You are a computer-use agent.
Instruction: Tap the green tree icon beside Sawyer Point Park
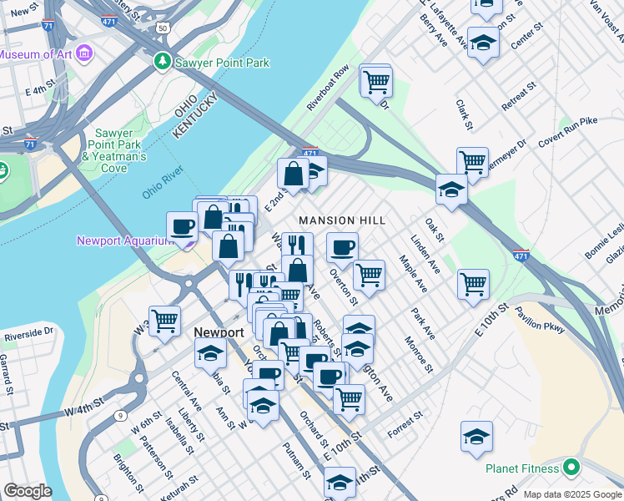coord(162,63)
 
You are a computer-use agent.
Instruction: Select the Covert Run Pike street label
coord(568,133)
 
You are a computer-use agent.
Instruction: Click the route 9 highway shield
coord(121,415)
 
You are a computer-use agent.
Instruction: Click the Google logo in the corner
coord(28,491)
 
